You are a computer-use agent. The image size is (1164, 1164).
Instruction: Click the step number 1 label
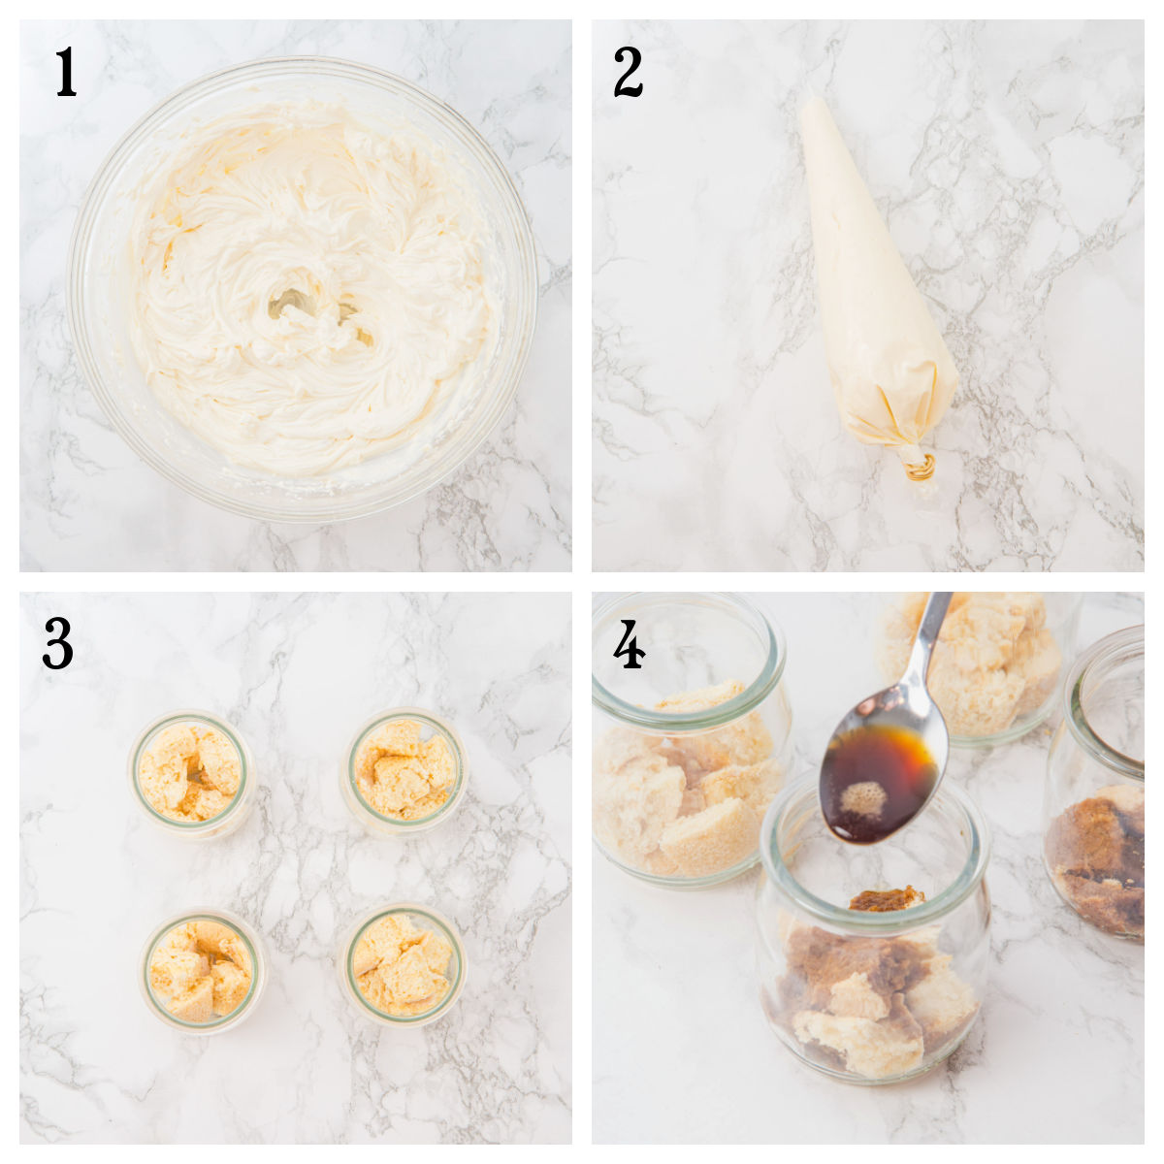pyautogui.click(x=65, y=73)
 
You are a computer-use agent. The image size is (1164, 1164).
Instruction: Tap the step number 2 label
pyautogui.click(x=628, y=73)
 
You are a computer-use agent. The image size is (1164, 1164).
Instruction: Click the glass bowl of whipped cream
pyautogui.click(x=301, y=291)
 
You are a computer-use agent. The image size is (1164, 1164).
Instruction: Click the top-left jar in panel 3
pyautogui.click(x=192, y=772)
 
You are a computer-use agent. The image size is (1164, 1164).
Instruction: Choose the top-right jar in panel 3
pyautogui.click(x=404, y=770)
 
